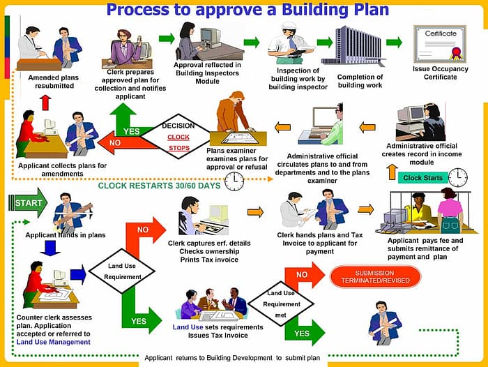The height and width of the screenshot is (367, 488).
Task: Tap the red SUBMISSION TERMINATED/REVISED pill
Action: [x=374, y=276]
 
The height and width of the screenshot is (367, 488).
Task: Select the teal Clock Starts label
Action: [x=422, y=178]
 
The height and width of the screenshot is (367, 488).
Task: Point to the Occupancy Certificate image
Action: [x=439, y=43]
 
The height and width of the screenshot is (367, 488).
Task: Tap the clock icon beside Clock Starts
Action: [x=457, y=177]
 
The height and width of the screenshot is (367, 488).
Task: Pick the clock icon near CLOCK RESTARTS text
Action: [x=234, y=181]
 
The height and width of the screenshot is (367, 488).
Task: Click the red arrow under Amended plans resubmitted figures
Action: [x=45, y=102]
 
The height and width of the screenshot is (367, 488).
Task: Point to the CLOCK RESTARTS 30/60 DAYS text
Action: [x=159, y=186]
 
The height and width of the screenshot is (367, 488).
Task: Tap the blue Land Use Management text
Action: [x=53, y=342]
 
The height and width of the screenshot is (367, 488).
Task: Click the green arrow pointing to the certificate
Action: [x=394, y=42]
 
